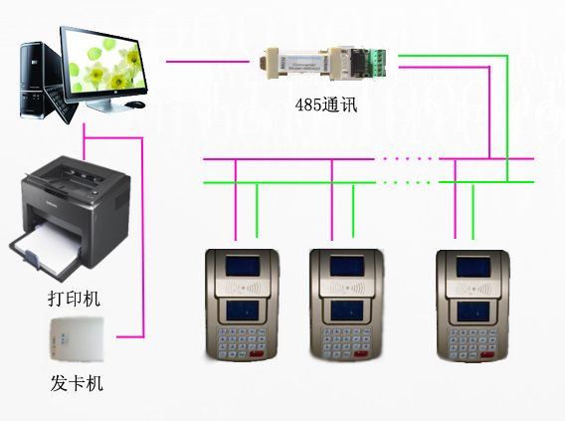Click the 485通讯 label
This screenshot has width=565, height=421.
point(326,105)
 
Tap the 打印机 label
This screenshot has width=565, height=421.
point(74,299)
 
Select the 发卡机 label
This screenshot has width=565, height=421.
point(77,383)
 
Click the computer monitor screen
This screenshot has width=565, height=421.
point(103,64)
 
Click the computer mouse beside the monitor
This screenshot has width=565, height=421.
point(135,105)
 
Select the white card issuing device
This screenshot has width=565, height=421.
point(78,338)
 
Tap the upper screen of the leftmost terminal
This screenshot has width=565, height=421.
point(243,266)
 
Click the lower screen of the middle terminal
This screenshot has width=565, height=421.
point(347,311)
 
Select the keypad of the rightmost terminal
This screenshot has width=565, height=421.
point(472,342)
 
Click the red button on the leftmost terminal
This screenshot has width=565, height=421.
point(257,354)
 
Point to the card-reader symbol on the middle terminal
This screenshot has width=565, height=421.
point(346,288)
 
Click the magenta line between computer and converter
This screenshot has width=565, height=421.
point(208,62)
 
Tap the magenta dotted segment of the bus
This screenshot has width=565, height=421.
point(407,158)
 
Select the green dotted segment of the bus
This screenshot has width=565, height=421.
point(407,183)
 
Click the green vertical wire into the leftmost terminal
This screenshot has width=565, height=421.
point(257,211)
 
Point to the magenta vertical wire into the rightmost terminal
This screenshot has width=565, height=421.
point(456,199)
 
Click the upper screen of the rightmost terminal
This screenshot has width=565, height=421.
point(473,267)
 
